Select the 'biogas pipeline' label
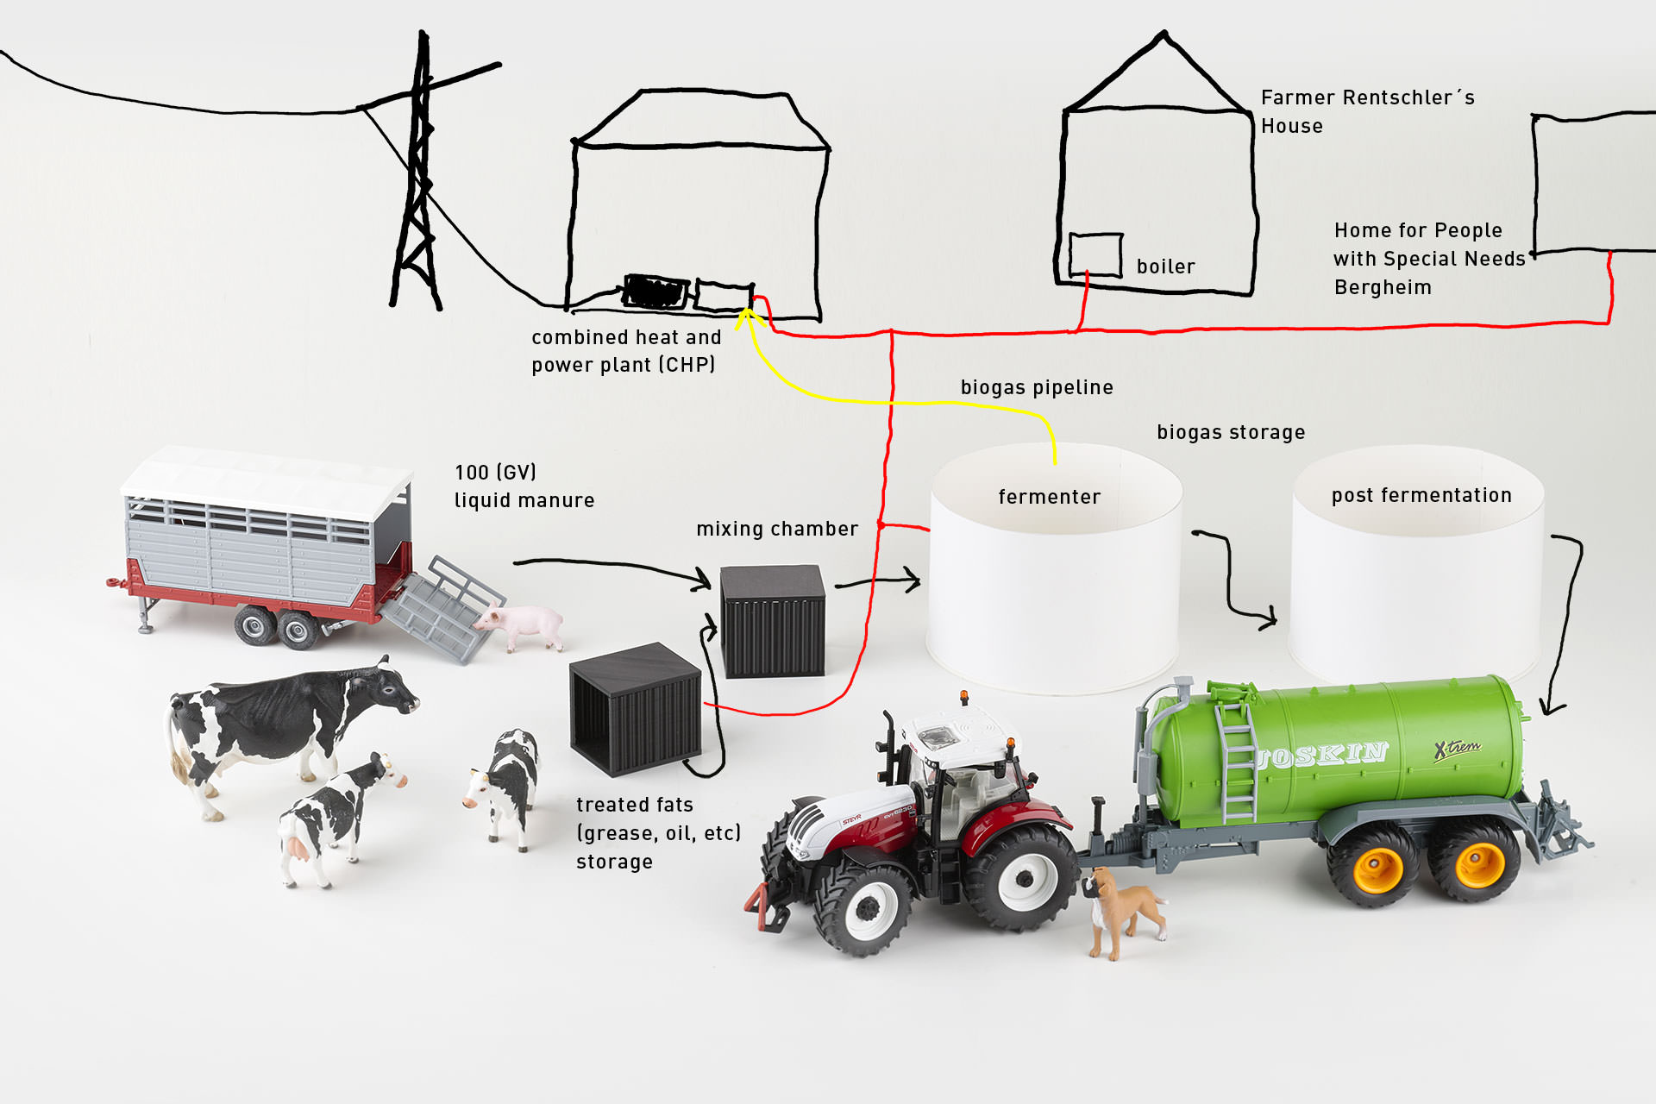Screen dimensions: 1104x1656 [x=1037, y=388]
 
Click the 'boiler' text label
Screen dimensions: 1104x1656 [x=1165, y=267]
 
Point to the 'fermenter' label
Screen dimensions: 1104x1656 [x=1049, y=498]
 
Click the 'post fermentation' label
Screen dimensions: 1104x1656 [x=1421, y=496]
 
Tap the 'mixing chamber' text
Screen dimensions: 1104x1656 [x=777, y=530]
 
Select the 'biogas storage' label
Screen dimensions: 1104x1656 [x=1231, y=433]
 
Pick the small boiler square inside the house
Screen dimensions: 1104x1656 [x=1095, y=254]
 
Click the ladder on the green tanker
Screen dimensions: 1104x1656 [x=1237, y=759]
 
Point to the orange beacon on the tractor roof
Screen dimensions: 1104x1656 [x=964, y=696]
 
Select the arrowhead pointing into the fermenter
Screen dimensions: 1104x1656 [x=913, y=580]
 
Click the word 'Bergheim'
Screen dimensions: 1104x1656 [x=1383, y=288]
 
